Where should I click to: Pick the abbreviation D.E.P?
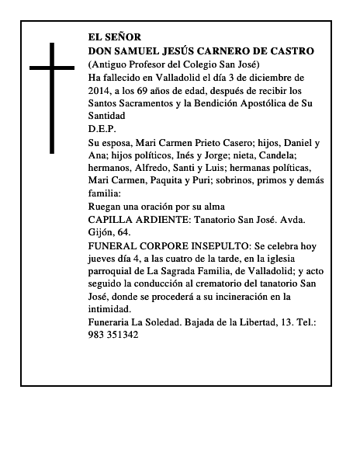(101, 127)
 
